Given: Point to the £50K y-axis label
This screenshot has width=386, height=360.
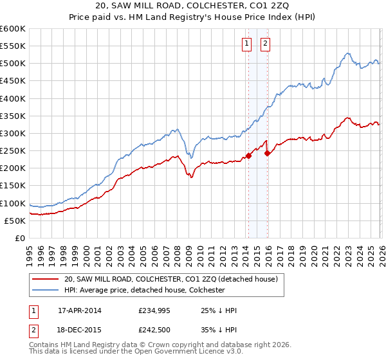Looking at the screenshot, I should click(x=14, y=221).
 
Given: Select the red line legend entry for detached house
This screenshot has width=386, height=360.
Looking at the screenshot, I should click(x=170, y=279).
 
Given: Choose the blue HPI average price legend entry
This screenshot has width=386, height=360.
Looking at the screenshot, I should click(x=144, y=290).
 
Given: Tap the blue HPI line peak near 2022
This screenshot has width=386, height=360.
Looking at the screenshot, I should click(x=347, y=53).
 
